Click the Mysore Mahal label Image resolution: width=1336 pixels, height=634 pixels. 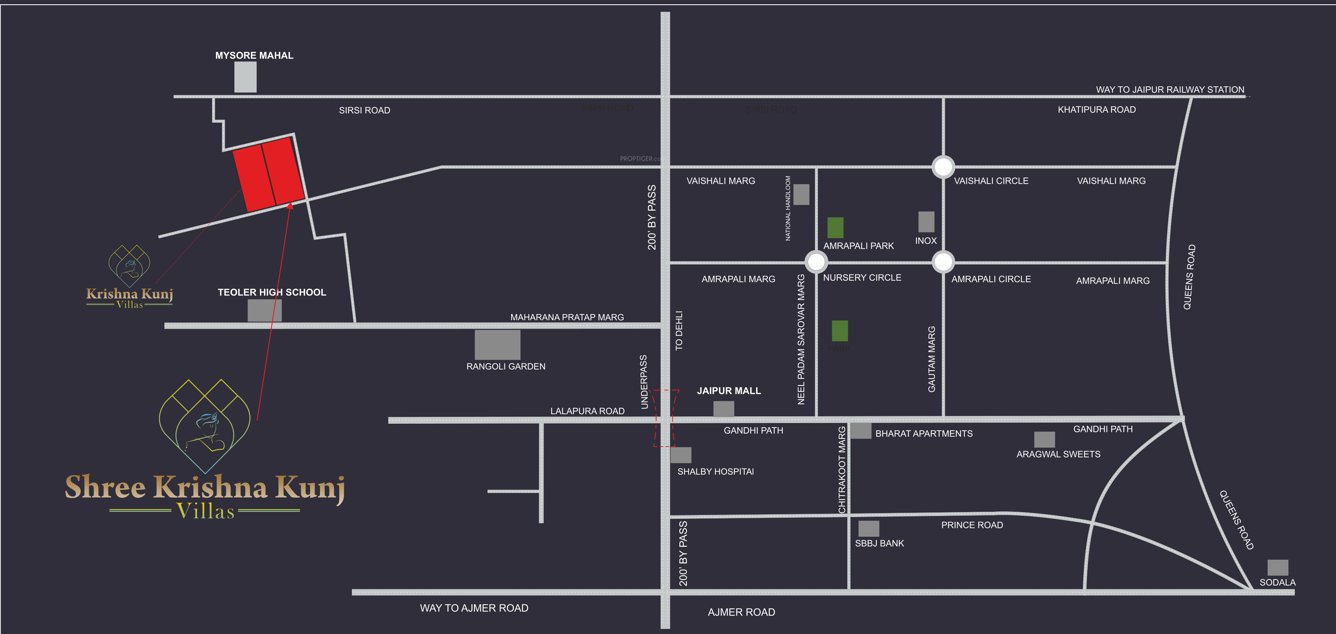click(254, 56)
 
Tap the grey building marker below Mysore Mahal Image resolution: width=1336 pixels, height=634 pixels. click(245, 77)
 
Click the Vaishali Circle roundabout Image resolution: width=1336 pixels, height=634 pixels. click(942, 167)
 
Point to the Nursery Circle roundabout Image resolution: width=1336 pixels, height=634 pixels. click(816, 262)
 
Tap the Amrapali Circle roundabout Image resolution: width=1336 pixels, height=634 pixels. click(942, 262)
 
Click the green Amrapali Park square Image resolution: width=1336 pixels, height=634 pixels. click(835, 227)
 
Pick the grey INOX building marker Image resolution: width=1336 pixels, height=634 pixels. click(926, 221)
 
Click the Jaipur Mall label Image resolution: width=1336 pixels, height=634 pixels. click(729, 391)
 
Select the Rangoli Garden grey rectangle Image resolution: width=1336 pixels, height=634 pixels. click(497, 344)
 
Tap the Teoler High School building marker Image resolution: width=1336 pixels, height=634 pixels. click(265, 310)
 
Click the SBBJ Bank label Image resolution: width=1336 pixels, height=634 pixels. click(879, 544)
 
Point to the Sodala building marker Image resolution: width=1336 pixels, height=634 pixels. click(1277, 567)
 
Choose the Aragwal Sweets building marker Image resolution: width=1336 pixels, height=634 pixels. click(1044, 439)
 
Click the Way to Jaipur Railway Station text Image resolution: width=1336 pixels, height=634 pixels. click(1170, 90)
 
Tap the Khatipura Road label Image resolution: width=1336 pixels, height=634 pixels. click(1096, 110)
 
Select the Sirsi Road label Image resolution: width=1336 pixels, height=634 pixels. click(364, 111)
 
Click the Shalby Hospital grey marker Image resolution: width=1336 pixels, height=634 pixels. click(681, 455)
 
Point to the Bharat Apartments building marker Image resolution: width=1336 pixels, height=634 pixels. click(861, 431)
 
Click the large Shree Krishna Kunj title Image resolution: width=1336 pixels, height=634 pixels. click(205, 488)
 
